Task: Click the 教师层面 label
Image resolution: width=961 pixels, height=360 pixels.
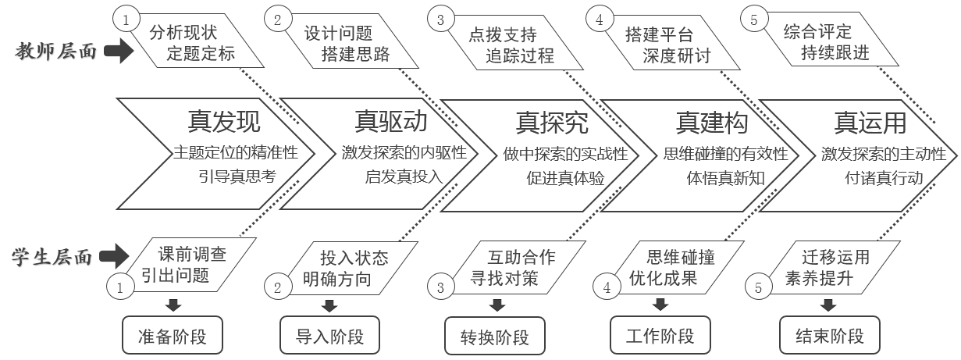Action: point(55,52)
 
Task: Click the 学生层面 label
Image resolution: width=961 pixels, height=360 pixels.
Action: point(52,257)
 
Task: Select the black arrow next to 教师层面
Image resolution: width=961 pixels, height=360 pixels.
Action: point(119,51)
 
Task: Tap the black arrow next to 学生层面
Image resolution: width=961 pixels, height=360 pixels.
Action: point(114,256)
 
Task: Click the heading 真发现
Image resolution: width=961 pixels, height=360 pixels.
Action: point(224,121)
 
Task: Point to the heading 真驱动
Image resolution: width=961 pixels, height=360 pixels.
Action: point(391,121)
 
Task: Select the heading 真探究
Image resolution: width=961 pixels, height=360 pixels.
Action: point(552,123)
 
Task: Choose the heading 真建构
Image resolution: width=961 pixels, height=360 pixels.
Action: point(712,123)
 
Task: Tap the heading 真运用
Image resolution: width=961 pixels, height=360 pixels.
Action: point(870,123)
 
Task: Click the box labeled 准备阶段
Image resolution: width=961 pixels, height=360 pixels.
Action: point(173,335)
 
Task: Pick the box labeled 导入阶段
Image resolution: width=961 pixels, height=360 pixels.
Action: point(329,335)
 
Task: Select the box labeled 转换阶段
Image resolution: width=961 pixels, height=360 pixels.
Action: point(495,336)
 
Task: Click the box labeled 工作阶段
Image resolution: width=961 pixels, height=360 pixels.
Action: point(660,335)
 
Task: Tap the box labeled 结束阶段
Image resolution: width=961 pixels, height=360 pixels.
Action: point(830,335)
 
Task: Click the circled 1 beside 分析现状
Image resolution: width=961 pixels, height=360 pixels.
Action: point(126,20)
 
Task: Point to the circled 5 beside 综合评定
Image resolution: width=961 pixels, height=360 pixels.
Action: point(754,20)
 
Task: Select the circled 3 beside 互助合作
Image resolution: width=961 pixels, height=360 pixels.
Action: point(440,287)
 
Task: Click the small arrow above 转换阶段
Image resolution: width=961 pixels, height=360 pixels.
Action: point(497,305)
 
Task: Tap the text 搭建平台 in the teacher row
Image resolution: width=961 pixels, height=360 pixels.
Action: point(660,34)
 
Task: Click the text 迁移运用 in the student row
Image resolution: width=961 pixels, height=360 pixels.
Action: point(836,257)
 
